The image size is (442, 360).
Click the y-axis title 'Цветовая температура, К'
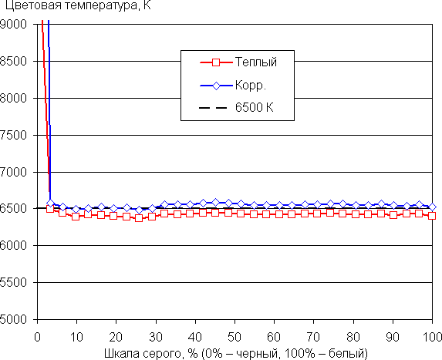78,5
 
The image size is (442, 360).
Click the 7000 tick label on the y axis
13,172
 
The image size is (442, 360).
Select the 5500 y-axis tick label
13,283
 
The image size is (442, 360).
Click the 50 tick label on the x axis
234,337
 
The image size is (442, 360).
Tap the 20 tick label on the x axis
116,337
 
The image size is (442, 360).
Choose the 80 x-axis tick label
353,337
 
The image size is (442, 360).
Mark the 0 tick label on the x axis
37,337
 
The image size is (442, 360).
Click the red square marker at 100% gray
432,216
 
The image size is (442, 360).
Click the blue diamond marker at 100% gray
432,207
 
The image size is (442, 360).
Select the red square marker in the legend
216,62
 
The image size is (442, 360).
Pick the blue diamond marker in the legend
216,86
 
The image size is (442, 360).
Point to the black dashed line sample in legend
213,108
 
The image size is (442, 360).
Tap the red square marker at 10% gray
76,217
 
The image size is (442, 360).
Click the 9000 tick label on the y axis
13,24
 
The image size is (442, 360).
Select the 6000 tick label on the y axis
13,246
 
